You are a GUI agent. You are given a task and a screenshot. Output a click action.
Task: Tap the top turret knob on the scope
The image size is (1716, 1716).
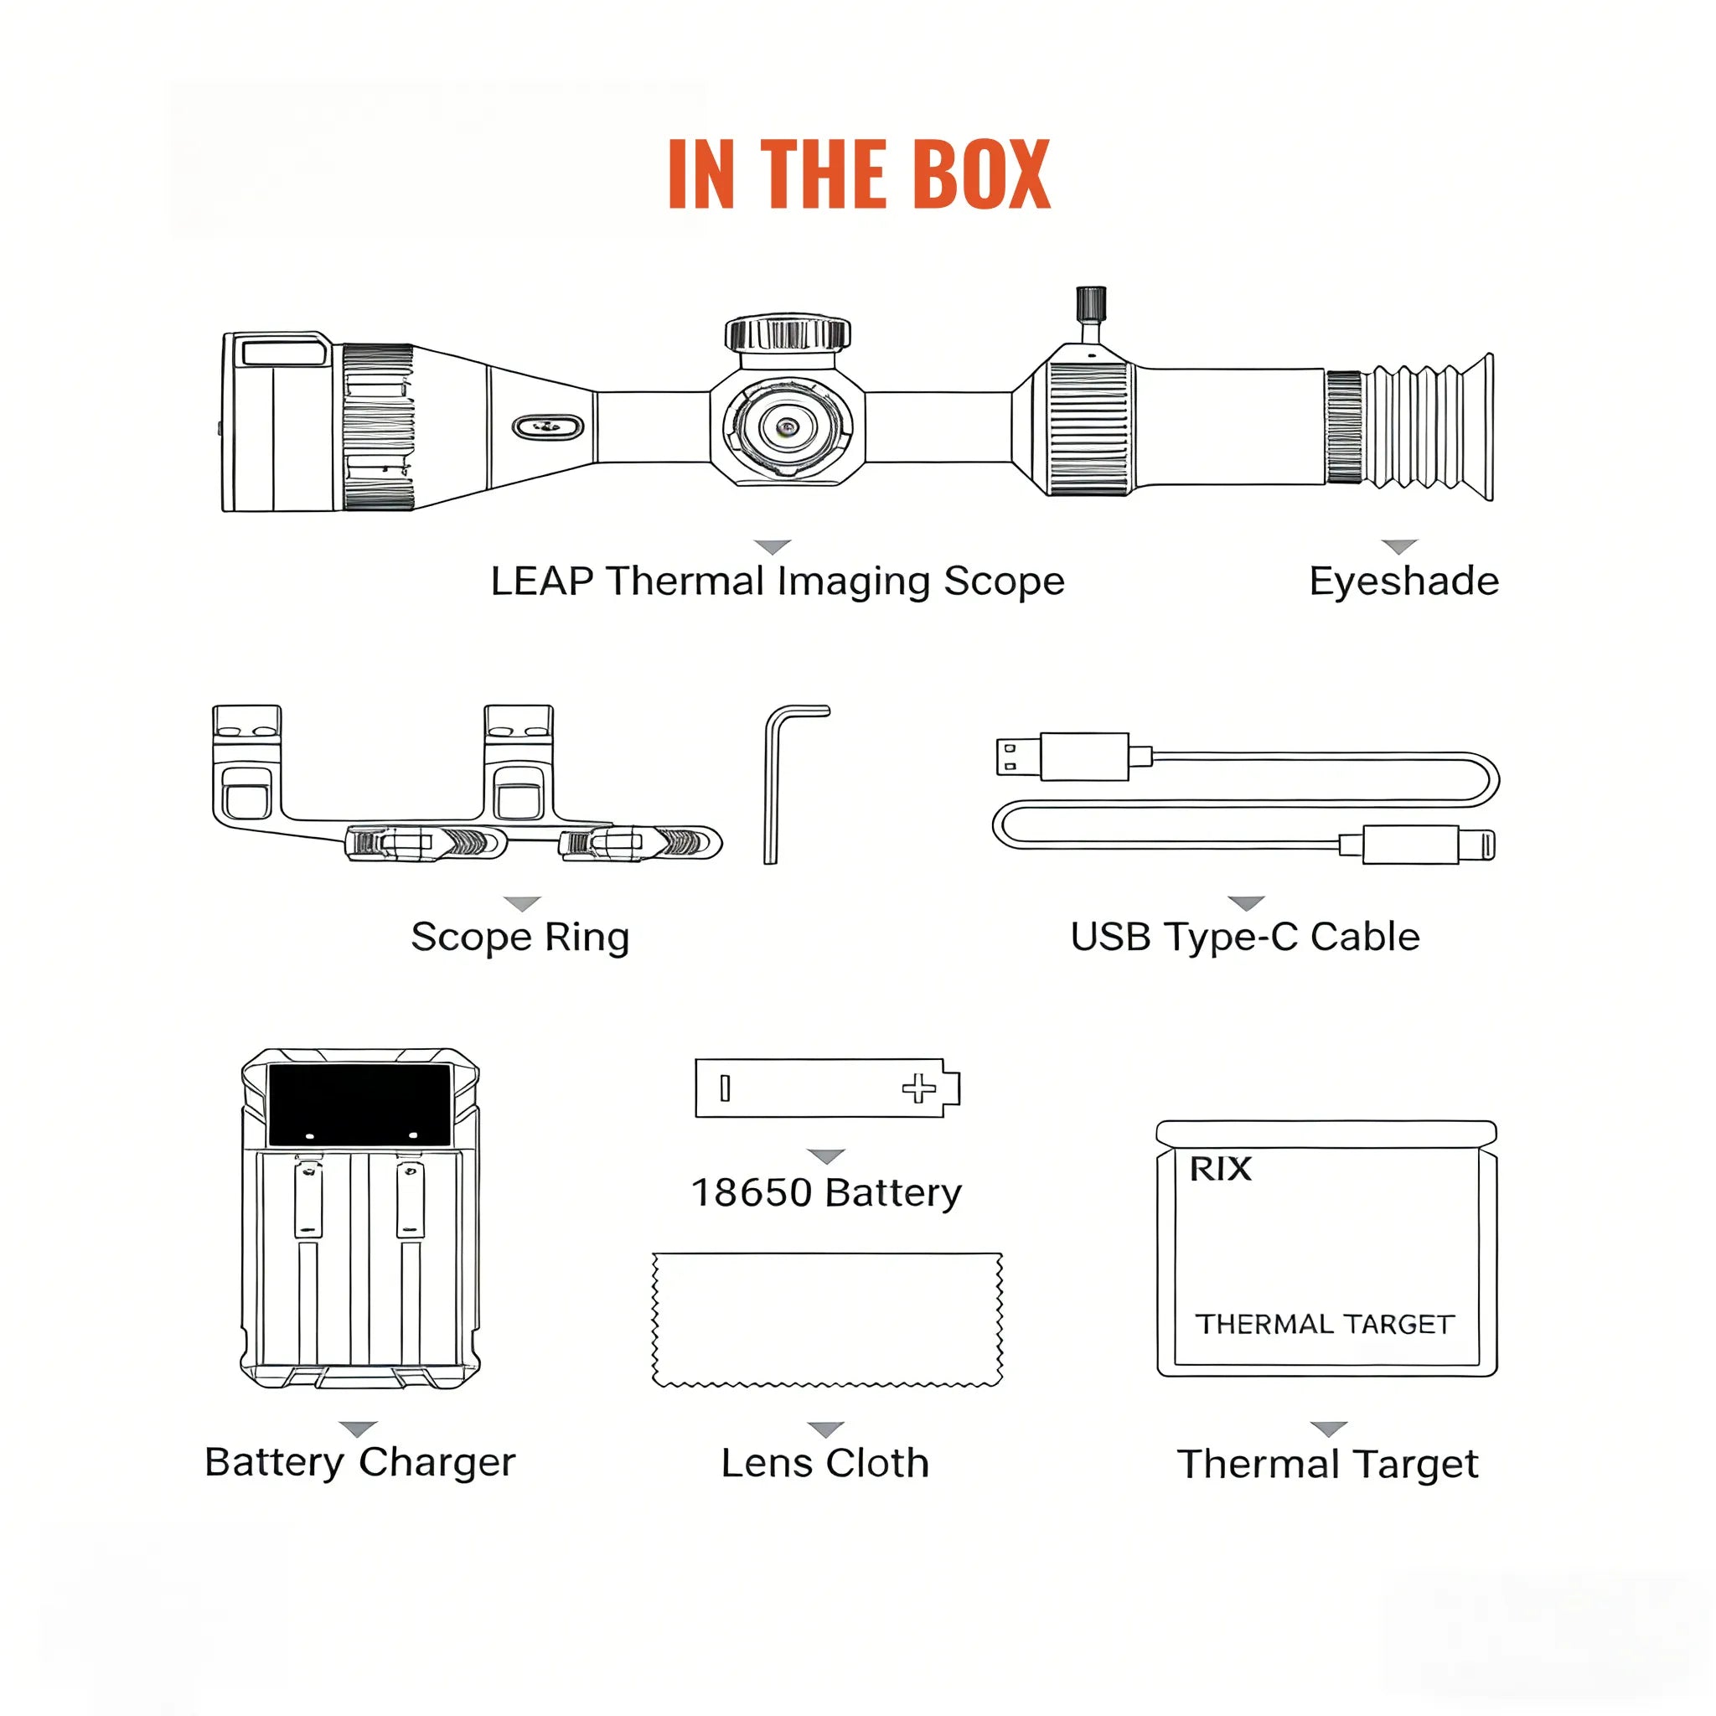787,334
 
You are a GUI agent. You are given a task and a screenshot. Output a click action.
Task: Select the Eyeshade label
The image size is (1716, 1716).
1403,581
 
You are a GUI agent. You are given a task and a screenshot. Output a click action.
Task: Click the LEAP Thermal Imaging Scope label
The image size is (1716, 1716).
778,581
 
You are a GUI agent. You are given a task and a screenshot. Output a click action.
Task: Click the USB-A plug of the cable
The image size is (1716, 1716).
1018,757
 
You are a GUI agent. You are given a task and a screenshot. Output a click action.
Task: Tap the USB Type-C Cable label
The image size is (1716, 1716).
1244,937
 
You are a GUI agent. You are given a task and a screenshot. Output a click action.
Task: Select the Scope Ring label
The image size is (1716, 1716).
520,937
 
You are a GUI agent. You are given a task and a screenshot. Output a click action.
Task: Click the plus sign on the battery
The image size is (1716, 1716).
918,1088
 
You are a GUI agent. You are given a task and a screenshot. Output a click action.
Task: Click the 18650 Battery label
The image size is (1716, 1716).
826,1192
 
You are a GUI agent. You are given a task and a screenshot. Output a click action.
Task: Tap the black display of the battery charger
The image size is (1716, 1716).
359,1104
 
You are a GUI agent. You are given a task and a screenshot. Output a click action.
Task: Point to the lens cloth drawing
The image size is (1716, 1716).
827,1319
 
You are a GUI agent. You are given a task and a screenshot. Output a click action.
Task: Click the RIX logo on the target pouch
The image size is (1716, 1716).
1220,1169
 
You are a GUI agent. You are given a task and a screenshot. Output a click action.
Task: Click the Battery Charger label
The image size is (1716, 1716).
359,1462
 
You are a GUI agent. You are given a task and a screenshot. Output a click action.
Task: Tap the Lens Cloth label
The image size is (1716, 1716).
825,1463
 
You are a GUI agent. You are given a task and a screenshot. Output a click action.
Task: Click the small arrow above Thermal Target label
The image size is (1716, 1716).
1329,1429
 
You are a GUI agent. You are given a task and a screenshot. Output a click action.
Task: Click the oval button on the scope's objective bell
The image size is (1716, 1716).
548,427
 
